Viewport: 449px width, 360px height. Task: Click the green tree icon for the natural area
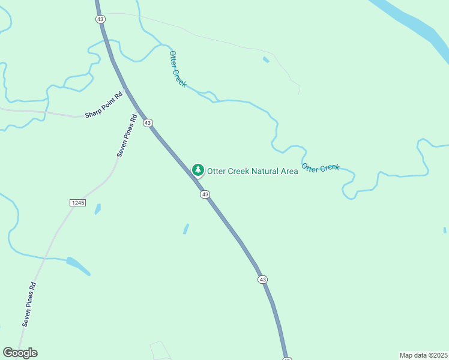click(x=197, y=170)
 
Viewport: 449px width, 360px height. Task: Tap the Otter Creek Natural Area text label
click(x=252, y=171)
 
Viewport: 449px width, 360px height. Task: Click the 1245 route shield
click(x=77, y=203)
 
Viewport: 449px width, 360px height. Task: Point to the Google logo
click(x=20, y=353)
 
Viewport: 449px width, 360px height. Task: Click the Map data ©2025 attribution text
click(x=423, y=355)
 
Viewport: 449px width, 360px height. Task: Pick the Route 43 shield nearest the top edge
click(x=100, y=19)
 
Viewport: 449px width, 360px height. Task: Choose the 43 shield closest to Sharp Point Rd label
click(x=148, y=123)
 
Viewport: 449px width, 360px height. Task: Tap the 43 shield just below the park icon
click(x=205, y=194)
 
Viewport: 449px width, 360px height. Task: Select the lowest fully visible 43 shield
click(x=262, y=280)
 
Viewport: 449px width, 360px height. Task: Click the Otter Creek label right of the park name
click(x=321, y=168)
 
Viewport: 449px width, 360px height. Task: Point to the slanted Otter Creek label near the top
click(x=178, y=69)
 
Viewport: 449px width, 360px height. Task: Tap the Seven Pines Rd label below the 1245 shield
click(x=29, y=304)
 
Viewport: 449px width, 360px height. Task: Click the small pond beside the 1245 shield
click(x=97, y=209)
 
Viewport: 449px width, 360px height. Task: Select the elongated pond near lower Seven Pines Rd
click(x=78, y=265)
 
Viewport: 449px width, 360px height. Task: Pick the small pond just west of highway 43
click(x=186, y=229)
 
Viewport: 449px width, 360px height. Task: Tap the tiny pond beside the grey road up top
click(x=266, y=59)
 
